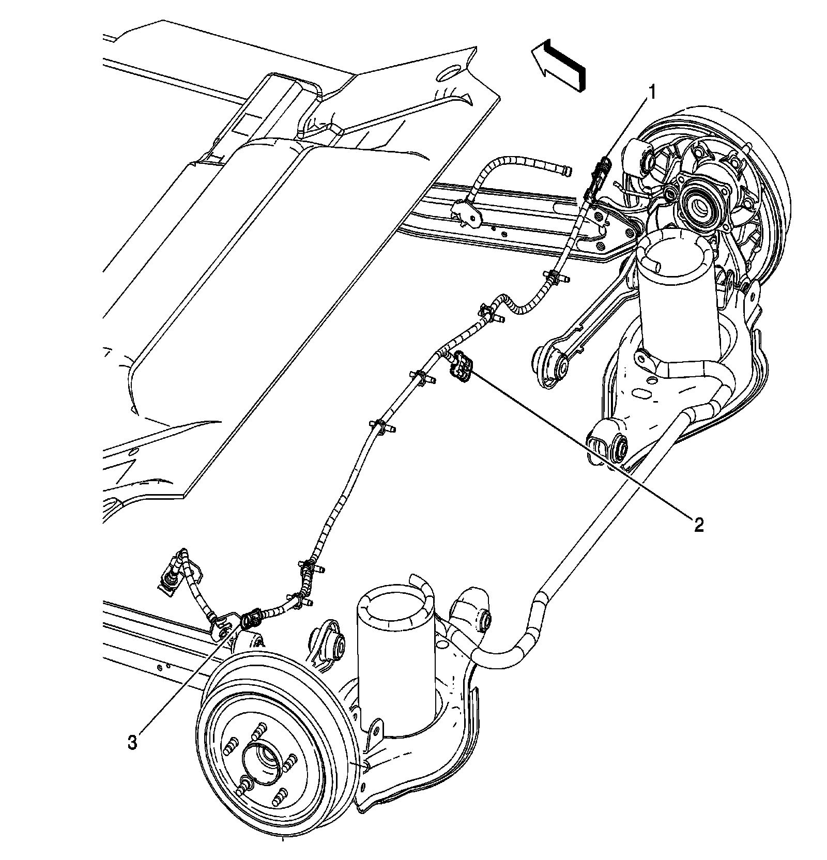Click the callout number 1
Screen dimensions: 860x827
pyautogui.click(x=652, y=93)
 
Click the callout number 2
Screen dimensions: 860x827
pyautogui.click(x=698, y=526)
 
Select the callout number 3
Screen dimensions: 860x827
pyautogui.click(x=133, y=743)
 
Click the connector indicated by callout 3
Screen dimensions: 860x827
pyautogui.click(x=251, y=618)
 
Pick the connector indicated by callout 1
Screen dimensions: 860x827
pyautogui.click(x=600, y=176)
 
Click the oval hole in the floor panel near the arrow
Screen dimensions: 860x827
pyautogui.click(x=448, y=72)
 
